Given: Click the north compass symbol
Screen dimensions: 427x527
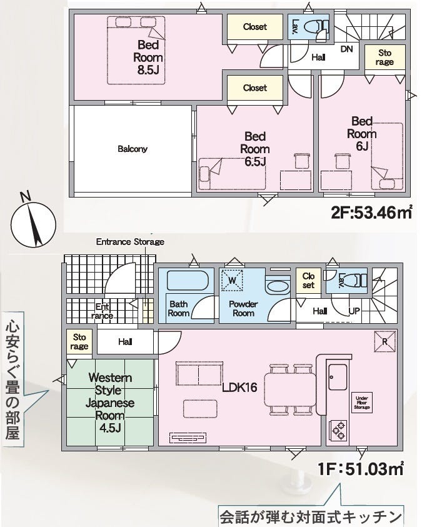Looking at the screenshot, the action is pyautogui.click(x=33, y=221).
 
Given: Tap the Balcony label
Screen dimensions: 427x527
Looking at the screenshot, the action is pyautogui.click(x=133, y=149).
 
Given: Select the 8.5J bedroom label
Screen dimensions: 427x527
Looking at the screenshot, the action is pyautogui.click(x=148, y=57).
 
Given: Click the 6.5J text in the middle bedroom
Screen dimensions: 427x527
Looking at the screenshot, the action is pyautogui.click(x=255, y=162).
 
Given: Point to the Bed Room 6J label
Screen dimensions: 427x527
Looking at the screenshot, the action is pyautogui.click(x=362, y=133).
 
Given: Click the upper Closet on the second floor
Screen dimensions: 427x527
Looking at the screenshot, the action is pyautogui.click(x=255, y=26).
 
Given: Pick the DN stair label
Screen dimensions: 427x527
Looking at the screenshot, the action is pyautogui.click(x=346, y=49).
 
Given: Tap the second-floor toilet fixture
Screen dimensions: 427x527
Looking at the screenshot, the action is pyautogui.click(x=316, y=26).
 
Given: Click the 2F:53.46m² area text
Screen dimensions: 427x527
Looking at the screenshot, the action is pyautogui.click(x=371, y=212).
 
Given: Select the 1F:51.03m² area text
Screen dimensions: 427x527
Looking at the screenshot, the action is pyautogui.click(x=361, y=469).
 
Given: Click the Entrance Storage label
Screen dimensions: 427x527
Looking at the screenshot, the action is pyautogui.click(x=130, y=242).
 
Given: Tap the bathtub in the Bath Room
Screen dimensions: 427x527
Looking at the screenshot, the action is pyautogui.click(x=188, y=279).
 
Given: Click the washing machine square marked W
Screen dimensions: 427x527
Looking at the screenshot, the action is pyautogui.click(x=232, y=280).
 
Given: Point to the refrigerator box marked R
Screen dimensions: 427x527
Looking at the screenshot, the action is pyautogui.click(x=385, y=341).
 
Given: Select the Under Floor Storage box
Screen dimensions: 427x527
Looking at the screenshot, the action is pyautogui.click(x=362, y=403).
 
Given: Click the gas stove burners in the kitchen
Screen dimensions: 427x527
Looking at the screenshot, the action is pyautogui.click(x=338, y=430).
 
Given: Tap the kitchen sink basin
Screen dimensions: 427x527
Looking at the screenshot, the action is pyautogui.click(x=338, y=377).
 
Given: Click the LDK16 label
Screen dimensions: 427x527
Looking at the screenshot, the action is pyautogui.click(x=239, y=387).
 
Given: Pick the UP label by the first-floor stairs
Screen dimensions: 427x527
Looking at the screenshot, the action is pyautogui.click(x=354, y=311).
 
